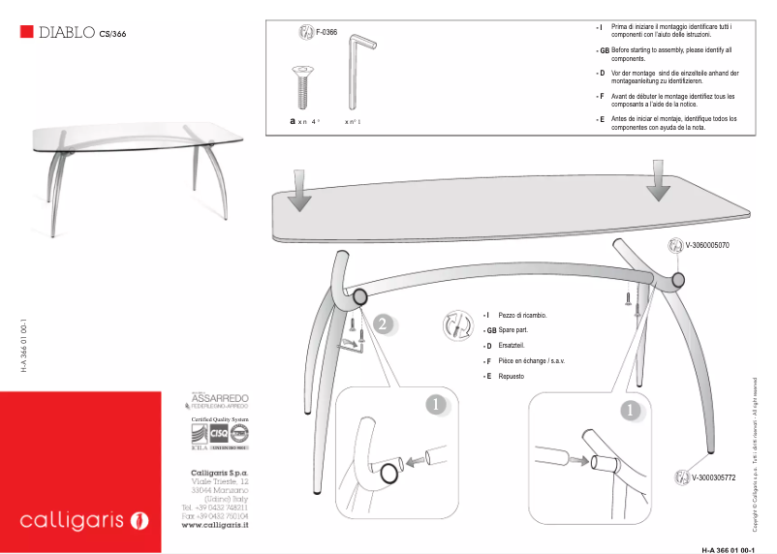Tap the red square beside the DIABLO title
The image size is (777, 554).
(26, 32)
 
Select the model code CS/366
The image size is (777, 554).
(112, 34)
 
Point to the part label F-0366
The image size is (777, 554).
(326, 33)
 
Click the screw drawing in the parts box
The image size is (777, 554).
(302, 87)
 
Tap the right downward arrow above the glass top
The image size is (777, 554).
(661, 180)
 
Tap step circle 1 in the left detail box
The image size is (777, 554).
(437, 404)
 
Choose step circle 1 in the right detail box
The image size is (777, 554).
(631, 410)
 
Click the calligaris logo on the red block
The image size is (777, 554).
(83, 521)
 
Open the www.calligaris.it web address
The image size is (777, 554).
(215, 525)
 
